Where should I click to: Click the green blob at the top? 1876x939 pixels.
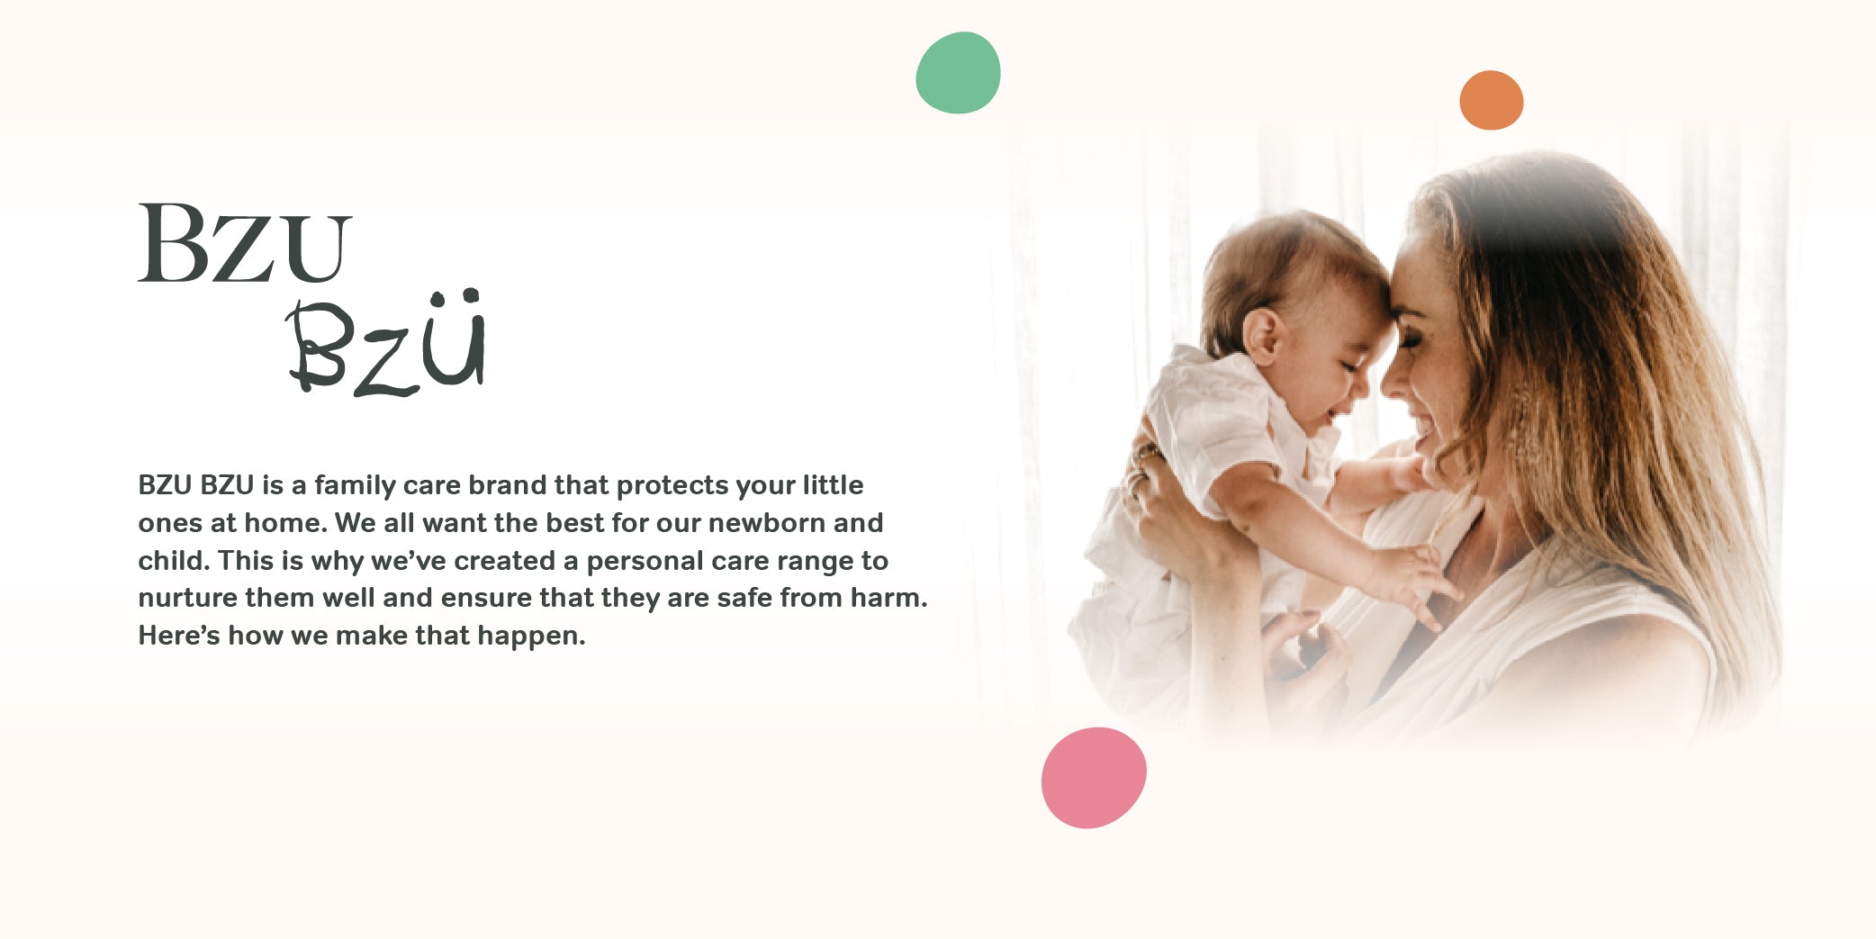958,73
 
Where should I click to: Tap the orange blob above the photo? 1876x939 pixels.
1491,100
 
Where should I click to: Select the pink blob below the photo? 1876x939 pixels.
1094,778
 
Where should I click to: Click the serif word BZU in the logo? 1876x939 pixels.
244,243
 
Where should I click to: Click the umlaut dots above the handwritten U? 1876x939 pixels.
455,297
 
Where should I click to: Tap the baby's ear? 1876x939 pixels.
1263,335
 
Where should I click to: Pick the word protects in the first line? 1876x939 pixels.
672,486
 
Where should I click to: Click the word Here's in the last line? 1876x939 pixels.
178,636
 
